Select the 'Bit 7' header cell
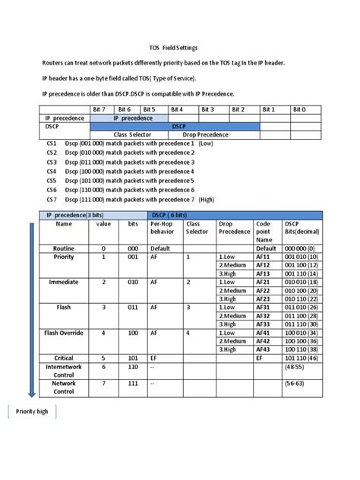click(x=99, y=109)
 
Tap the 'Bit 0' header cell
click(x=299, y=109)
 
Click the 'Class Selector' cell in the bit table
click(x=137, y=134)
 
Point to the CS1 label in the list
click(x=52, y=144)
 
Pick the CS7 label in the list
click(x=52, y=199)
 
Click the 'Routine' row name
click(x=64, y=248)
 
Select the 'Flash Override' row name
click(x=64, y=333)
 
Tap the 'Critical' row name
click(x=64, y=357)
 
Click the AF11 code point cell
click(x=264, y=257)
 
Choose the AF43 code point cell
click(x=264, y=349)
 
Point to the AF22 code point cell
click(x=264, y=291)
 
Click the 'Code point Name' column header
click(x=264, y=232)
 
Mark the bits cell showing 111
click(x=133, y=384)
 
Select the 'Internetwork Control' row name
click(x=64, y=370)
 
